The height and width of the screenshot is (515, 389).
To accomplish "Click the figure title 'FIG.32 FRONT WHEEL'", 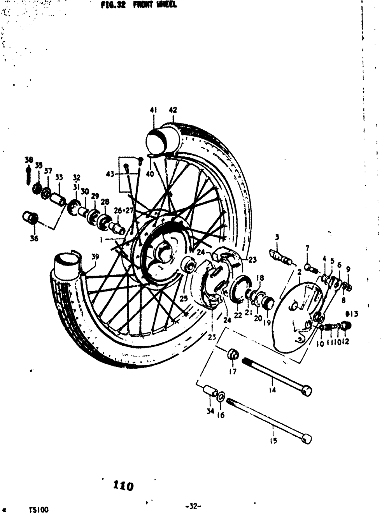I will (x=138, y=5).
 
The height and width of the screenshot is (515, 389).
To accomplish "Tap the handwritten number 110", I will (x=123, y=486).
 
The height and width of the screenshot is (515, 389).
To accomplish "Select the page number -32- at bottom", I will (x=193, y=506).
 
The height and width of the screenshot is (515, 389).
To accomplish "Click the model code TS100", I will (x=39, y=510).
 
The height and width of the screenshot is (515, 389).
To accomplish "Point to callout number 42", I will (x=173, y=110).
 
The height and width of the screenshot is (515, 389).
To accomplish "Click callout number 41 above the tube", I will (x=153, y=110).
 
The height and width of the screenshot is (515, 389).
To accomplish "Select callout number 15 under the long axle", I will (x=273, y=441).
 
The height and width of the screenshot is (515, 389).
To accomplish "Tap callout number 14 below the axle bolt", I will (x=272, y=390).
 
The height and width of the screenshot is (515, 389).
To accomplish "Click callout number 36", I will (x=34, y=238).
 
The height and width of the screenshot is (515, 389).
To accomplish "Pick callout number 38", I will (x=28, y=160).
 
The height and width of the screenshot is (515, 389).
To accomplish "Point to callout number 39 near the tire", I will (x=95, y=257).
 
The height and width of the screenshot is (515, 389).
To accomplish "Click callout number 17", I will (x=233, y=371).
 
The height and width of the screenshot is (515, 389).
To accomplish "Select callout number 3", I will (x=277, y=237).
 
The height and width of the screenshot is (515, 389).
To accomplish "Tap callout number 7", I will (x=307, y=248).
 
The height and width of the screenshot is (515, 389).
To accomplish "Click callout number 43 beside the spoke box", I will (x=110, y=174).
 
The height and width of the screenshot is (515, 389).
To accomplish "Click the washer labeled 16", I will (x=220, y=397).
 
